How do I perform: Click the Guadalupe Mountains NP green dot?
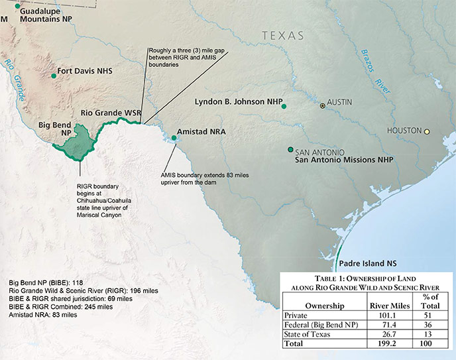pos(17,6)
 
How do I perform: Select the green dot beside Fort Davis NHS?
pos(54,76)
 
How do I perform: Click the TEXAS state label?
pos(282,35)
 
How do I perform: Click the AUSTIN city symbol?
pos(323,105)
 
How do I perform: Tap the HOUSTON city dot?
pos(427,131)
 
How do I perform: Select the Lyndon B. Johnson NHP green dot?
pos(284,106)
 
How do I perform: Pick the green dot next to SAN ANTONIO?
pos(290,149)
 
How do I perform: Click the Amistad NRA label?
pos(201,132)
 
